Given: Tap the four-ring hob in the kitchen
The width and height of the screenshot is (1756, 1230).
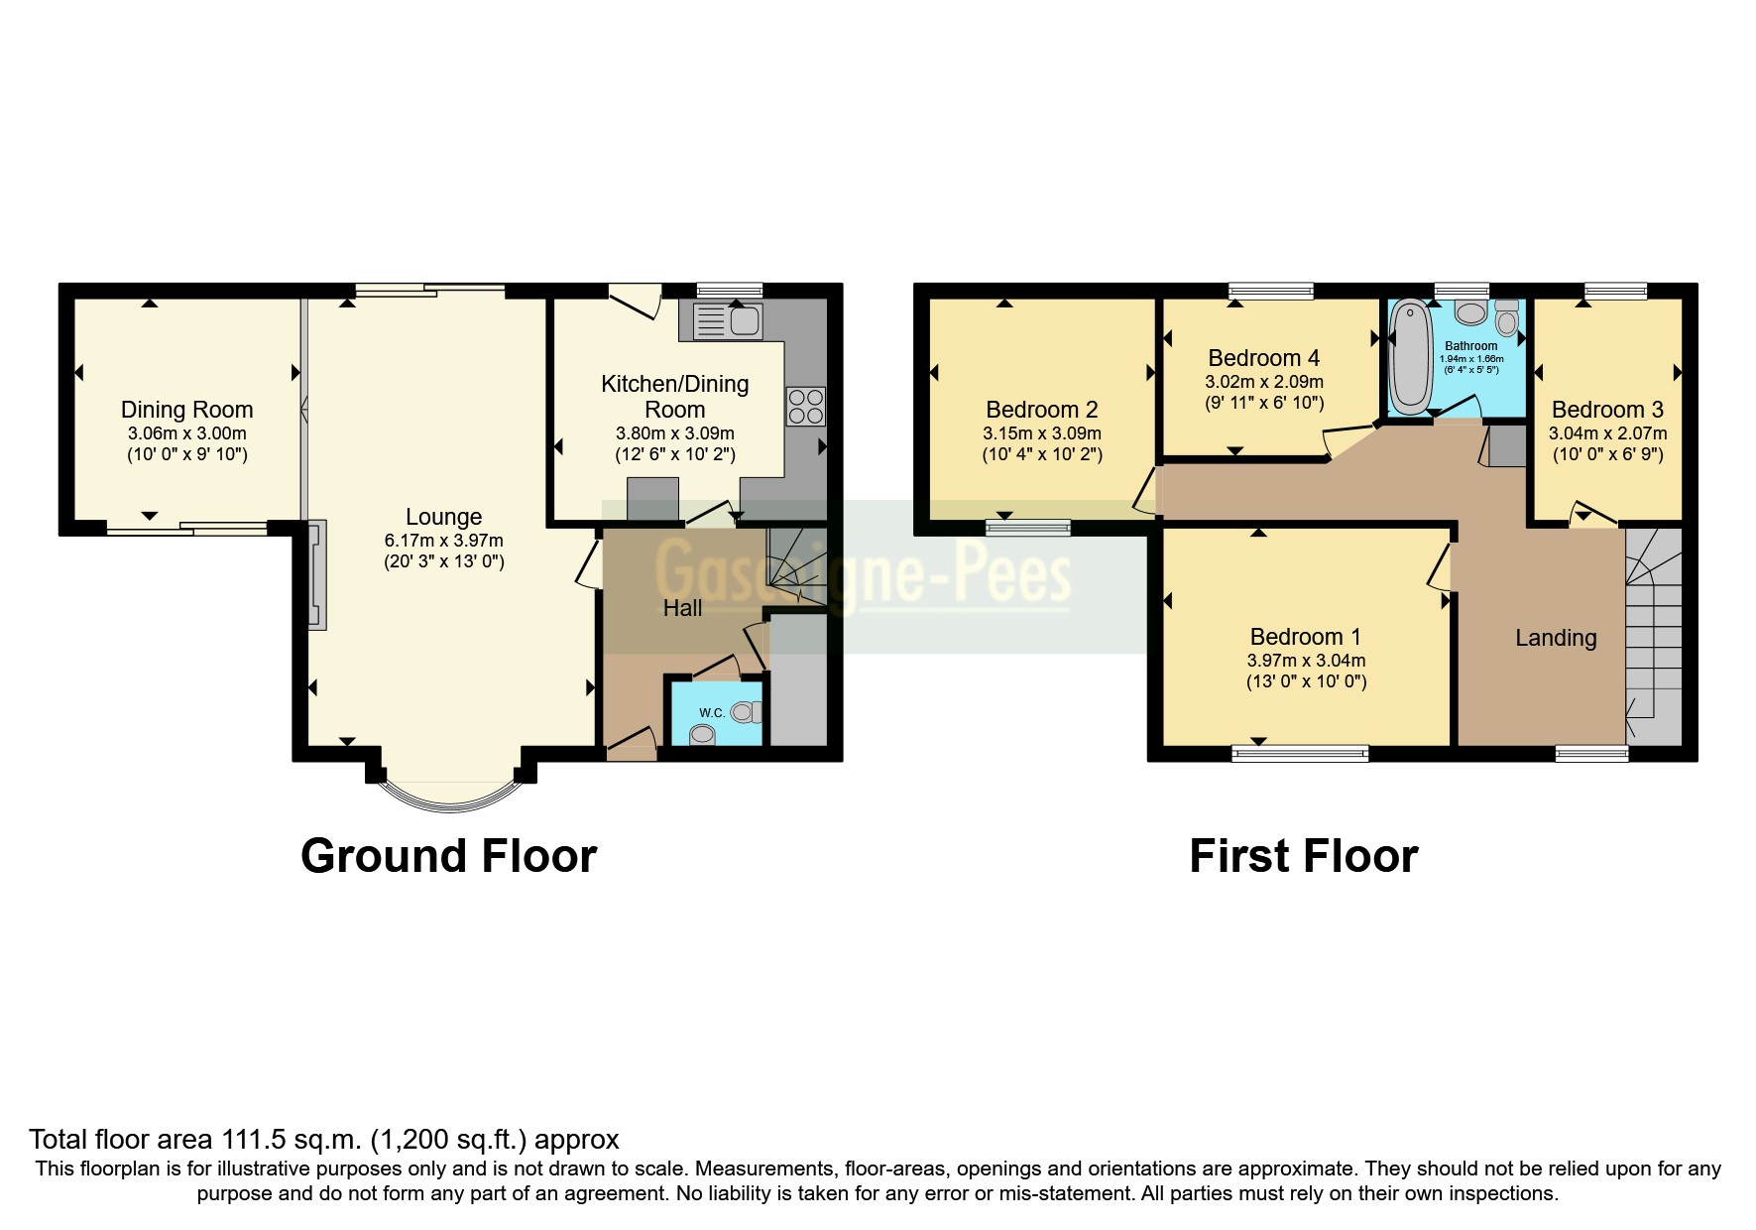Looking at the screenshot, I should (x=805, y=407).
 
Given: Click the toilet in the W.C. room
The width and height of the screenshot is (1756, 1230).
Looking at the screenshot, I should (x=745, y=712).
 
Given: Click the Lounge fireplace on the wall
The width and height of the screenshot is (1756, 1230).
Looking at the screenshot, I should (x=316, y=574).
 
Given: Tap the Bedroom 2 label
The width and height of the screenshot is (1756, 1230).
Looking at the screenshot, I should (x=1041, y=410).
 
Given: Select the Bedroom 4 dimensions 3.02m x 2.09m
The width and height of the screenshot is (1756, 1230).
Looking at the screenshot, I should (x=1264, y=382).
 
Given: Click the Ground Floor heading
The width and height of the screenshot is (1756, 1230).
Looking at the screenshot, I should (x=448, y=856).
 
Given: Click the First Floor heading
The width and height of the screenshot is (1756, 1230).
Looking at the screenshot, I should (x=1303, y=856).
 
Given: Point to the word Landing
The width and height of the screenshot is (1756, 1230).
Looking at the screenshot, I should (x=1555, y=638).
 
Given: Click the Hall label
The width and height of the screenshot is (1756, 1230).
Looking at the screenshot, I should (x=682, y=608).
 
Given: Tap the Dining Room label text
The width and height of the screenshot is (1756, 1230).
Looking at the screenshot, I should (x=186, y=410).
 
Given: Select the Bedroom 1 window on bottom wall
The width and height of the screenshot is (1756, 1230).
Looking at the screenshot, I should (x=1300, y=754).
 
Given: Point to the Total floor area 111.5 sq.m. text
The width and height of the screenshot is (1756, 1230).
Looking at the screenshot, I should (x=323, y=1140).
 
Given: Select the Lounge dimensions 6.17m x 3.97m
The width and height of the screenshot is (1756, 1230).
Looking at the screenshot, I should (x=443, y=542).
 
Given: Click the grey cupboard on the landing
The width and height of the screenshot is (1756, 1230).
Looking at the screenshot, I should (x=1506, y=445).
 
